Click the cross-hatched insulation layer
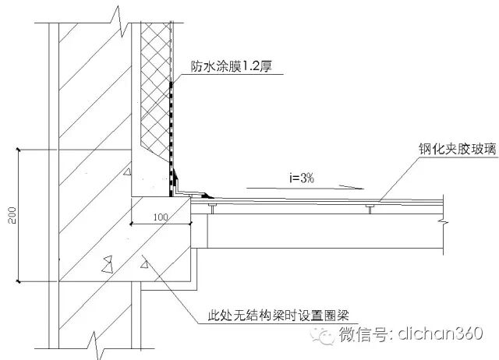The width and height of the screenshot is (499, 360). coord(154,86)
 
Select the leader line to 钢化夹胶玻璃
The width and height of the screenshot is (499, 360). coord(398,171)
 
